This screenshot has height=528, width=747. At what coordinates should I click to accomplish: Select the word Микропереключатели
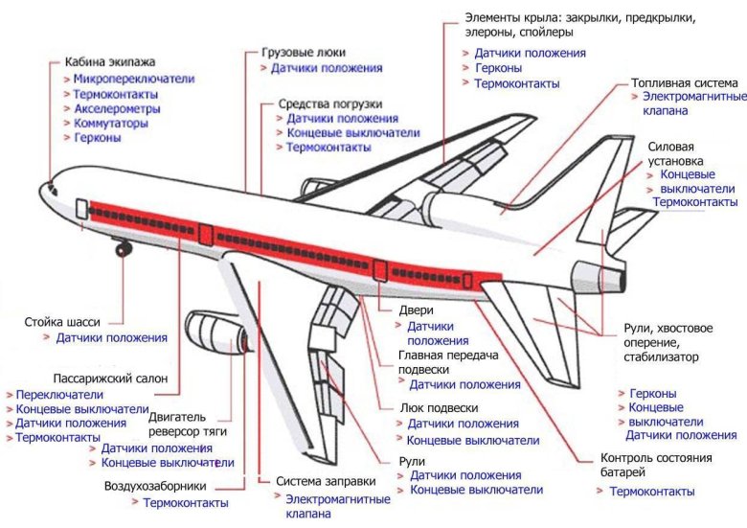tap(134, 79)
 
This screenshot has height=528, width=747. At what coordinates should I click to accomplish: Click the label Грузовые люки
tap(304, 52)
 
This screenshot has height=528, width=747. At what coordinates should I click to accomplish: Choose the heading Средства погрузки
tap(330, 103)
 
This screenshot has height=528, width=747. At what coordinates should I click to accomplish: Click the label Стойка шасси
tap(61, 322)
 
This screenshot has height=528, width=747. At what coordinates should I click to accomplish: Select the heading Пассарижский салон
tap(110, 379)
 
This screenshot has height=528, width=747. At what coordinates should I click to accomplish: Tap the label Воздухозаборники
tap(156, 487)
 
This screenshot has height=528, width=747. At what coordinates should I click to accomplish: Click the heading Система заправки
tap(319, 482)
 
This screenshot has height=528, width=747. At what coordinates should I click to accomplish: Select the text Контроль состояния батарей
tap(656, 465)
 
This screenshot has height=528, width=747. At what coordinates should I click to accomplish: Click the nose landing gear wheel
tap(123, 249)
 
